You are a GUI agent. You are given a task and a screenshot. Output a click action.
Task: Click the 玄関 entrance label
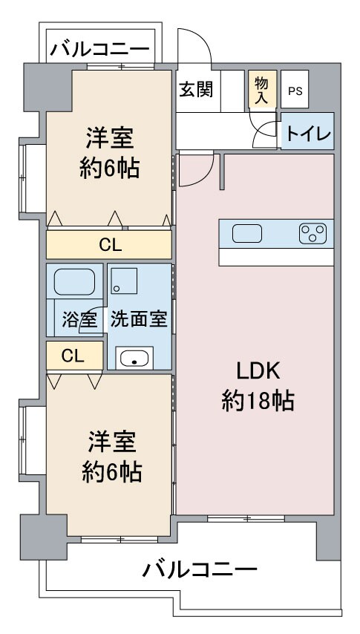[x=196, y=89]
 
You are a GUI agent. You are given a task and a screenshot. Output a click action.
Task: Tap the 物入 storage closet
[x=261, y=90]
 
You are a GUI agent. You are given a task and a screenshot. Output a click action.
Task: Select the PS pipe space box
[x=295, y=91]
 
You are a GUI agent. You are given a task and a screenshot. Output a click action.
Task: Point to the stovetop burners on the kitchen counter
[x=312, y=234]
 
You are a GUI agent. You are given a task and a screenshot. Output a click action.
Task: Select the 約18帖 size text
[x=258, y=402]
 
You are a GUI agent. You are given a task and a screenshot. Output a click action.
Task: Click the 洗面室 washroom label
[x=139, y=320]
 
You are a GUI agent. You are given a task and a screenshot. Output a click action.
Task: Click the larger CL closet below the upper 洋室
[x=109, y=244]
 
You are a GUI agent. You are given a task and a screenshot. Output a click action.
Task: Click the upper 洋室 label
[x=110, y=139]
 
